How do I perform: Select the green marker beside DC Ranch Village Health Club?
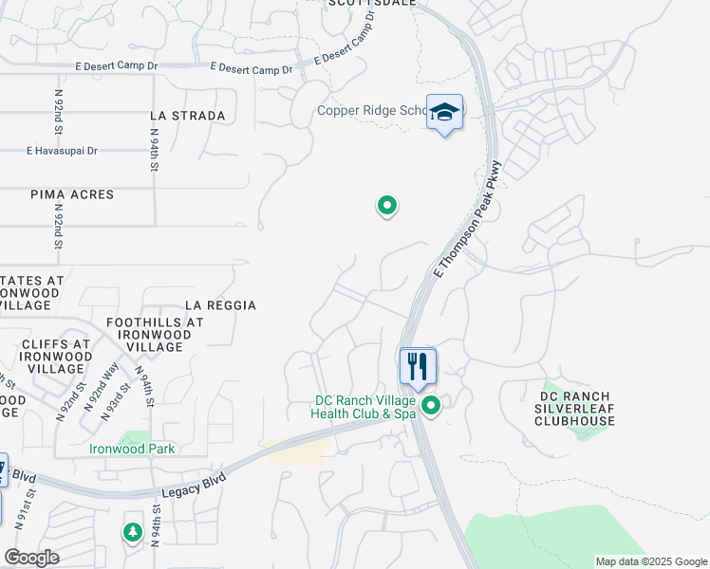pos(432,406)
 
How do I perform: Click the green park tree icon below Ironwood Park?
pos(132,533)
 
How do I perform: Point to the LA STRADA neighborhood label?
pos(188,116)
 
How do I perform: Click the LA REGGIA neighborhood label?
pos(220,305)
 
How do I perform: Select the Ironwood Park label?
pos(132,449)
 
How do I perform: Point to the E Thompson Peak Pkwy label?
pos(467,219)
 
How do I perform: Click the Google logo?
pos(31,558)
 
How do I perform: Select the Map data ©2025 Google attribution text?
pos(650,561)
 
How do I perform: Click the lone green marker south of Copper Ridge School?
pos(386,205)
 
